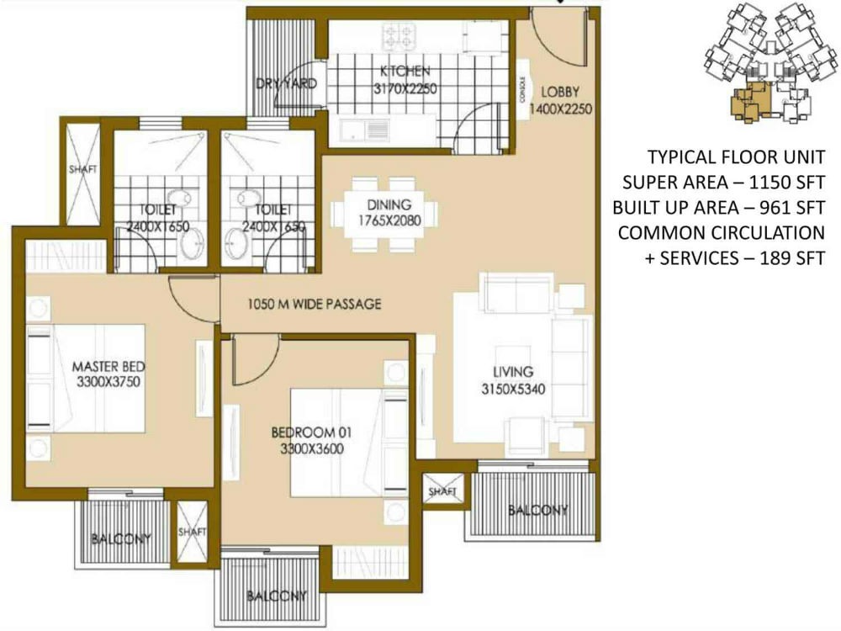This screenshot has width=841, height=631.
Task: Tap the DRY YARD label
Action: (x=287, y=84)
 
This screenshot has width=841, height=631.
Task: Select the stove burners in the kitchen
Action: (x=399, y=35)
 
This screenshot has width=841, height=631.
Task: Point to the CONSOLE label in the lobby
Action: (x=522, y=85)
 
